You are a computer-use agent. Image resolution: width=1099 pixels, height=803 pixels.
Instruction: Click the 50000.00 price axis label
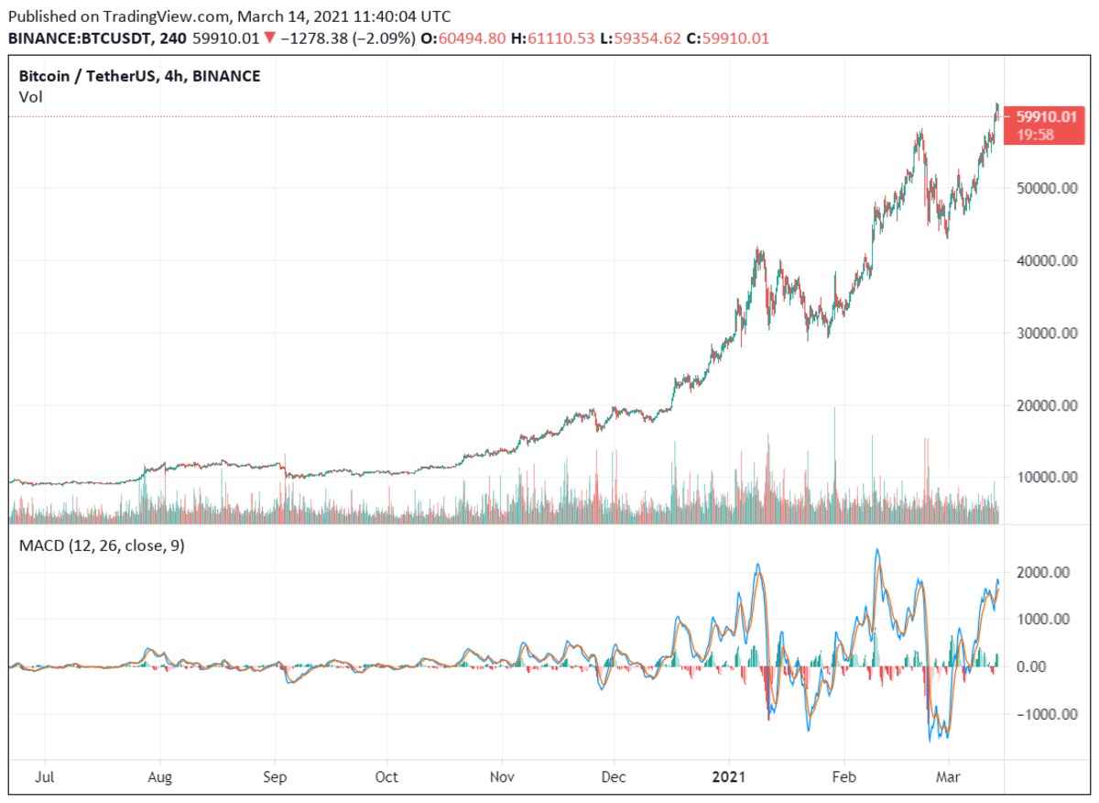point(1047,189)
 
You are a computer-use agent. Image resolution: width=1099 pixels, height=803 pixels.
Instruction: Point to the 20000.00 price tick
point(1047,405)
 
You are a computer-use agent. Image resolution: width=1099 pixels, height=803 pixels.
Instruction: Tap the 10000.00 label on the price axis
point(1047,478)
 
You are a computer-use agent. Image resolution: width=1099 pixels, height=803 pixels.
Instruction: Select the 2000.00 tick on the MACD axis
point(1043,573)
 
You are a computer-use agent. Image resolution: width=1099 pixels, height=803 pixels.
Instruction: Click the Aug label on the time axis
point(160,777)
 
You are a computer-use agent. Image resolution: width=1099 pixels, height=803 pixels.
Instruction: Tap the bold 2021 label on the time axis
point(730,777)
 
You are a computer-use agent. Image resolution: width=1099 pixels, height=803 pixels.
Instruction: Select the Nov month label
point(502,777)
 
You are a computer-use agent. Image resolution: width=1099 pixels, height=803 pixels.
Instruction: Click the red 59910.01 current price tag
point(1045,117)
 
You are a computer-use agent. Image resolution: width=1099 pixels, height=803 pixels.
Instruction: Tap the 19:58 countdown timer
point(1036,135)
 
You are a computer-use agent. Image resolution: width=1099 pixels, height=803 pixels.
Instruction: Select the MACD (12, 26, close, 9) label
point(101,546)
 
